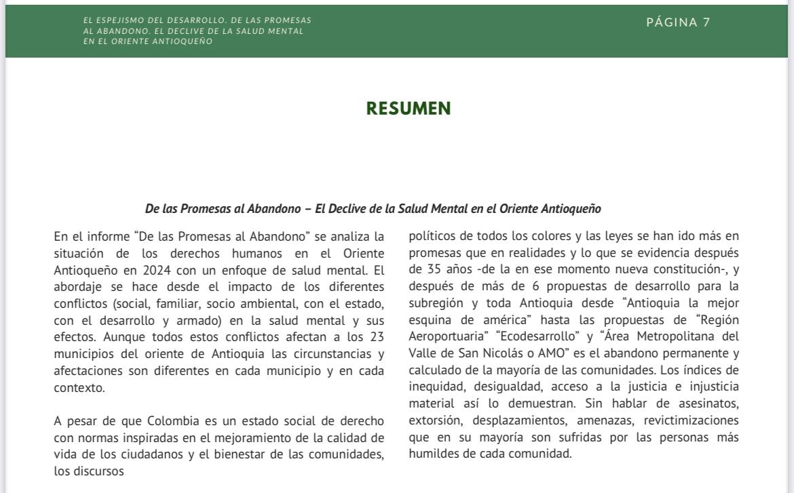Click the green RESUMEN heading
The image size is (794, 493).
point(409,109)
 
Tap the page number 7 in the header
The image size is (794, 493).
point(706,22)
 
